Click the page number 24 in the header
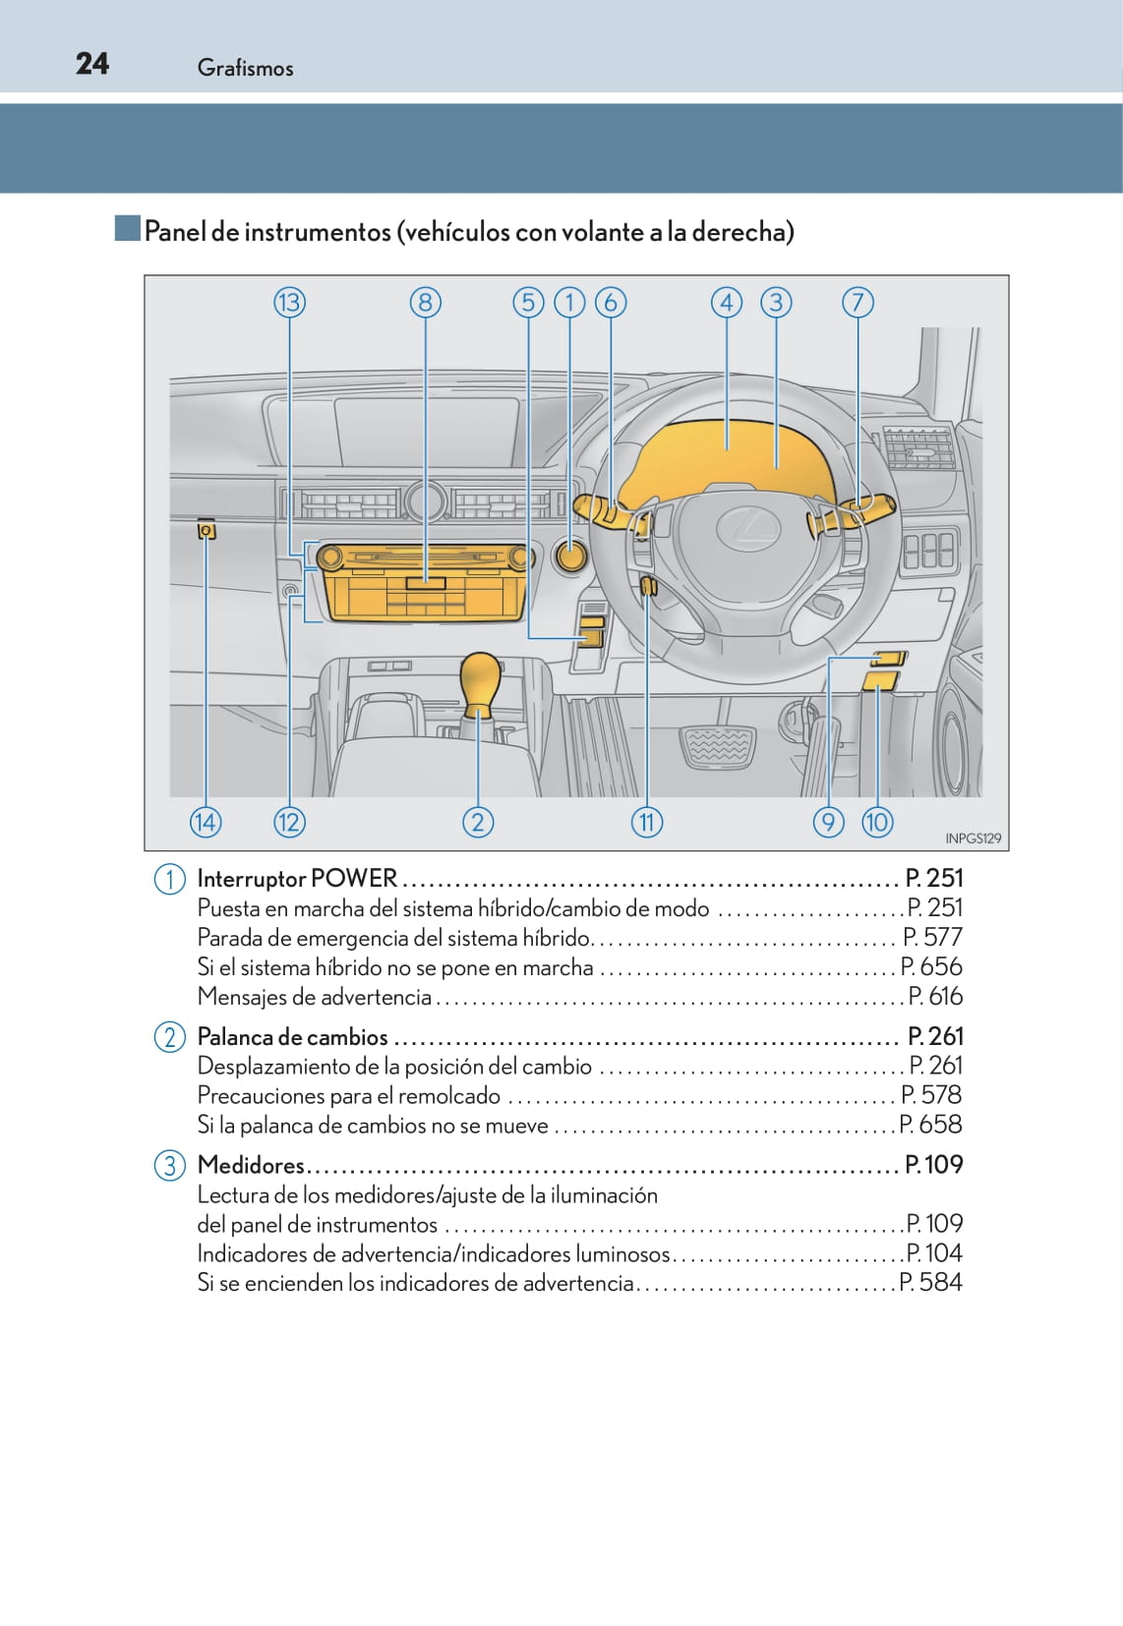pos(92,64)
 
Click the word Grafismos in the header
pos(245,68)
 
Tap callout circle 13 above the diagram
pos(289,303)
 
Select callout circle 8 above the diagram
pos(425,303)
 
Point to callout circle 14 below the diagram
pos(206,822)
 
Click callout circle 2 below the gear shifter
pos(478,822)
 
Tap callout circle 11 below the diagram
pos(646,822)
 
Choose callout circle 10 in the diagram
pos(877,822)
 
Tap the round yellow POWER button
pos(570,556)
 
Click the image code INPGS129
pos(973,839)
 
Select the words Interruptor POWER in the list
pos(297,878)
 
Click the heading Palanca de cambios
pos(292,1037)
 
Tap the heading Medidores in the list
pos(251,1165)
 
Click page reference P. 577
pos(932,937)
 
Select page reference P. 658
pos(931,1125)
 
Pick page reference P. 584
pos(931,1282)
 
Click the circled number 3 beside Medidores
pos(169,1166)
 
